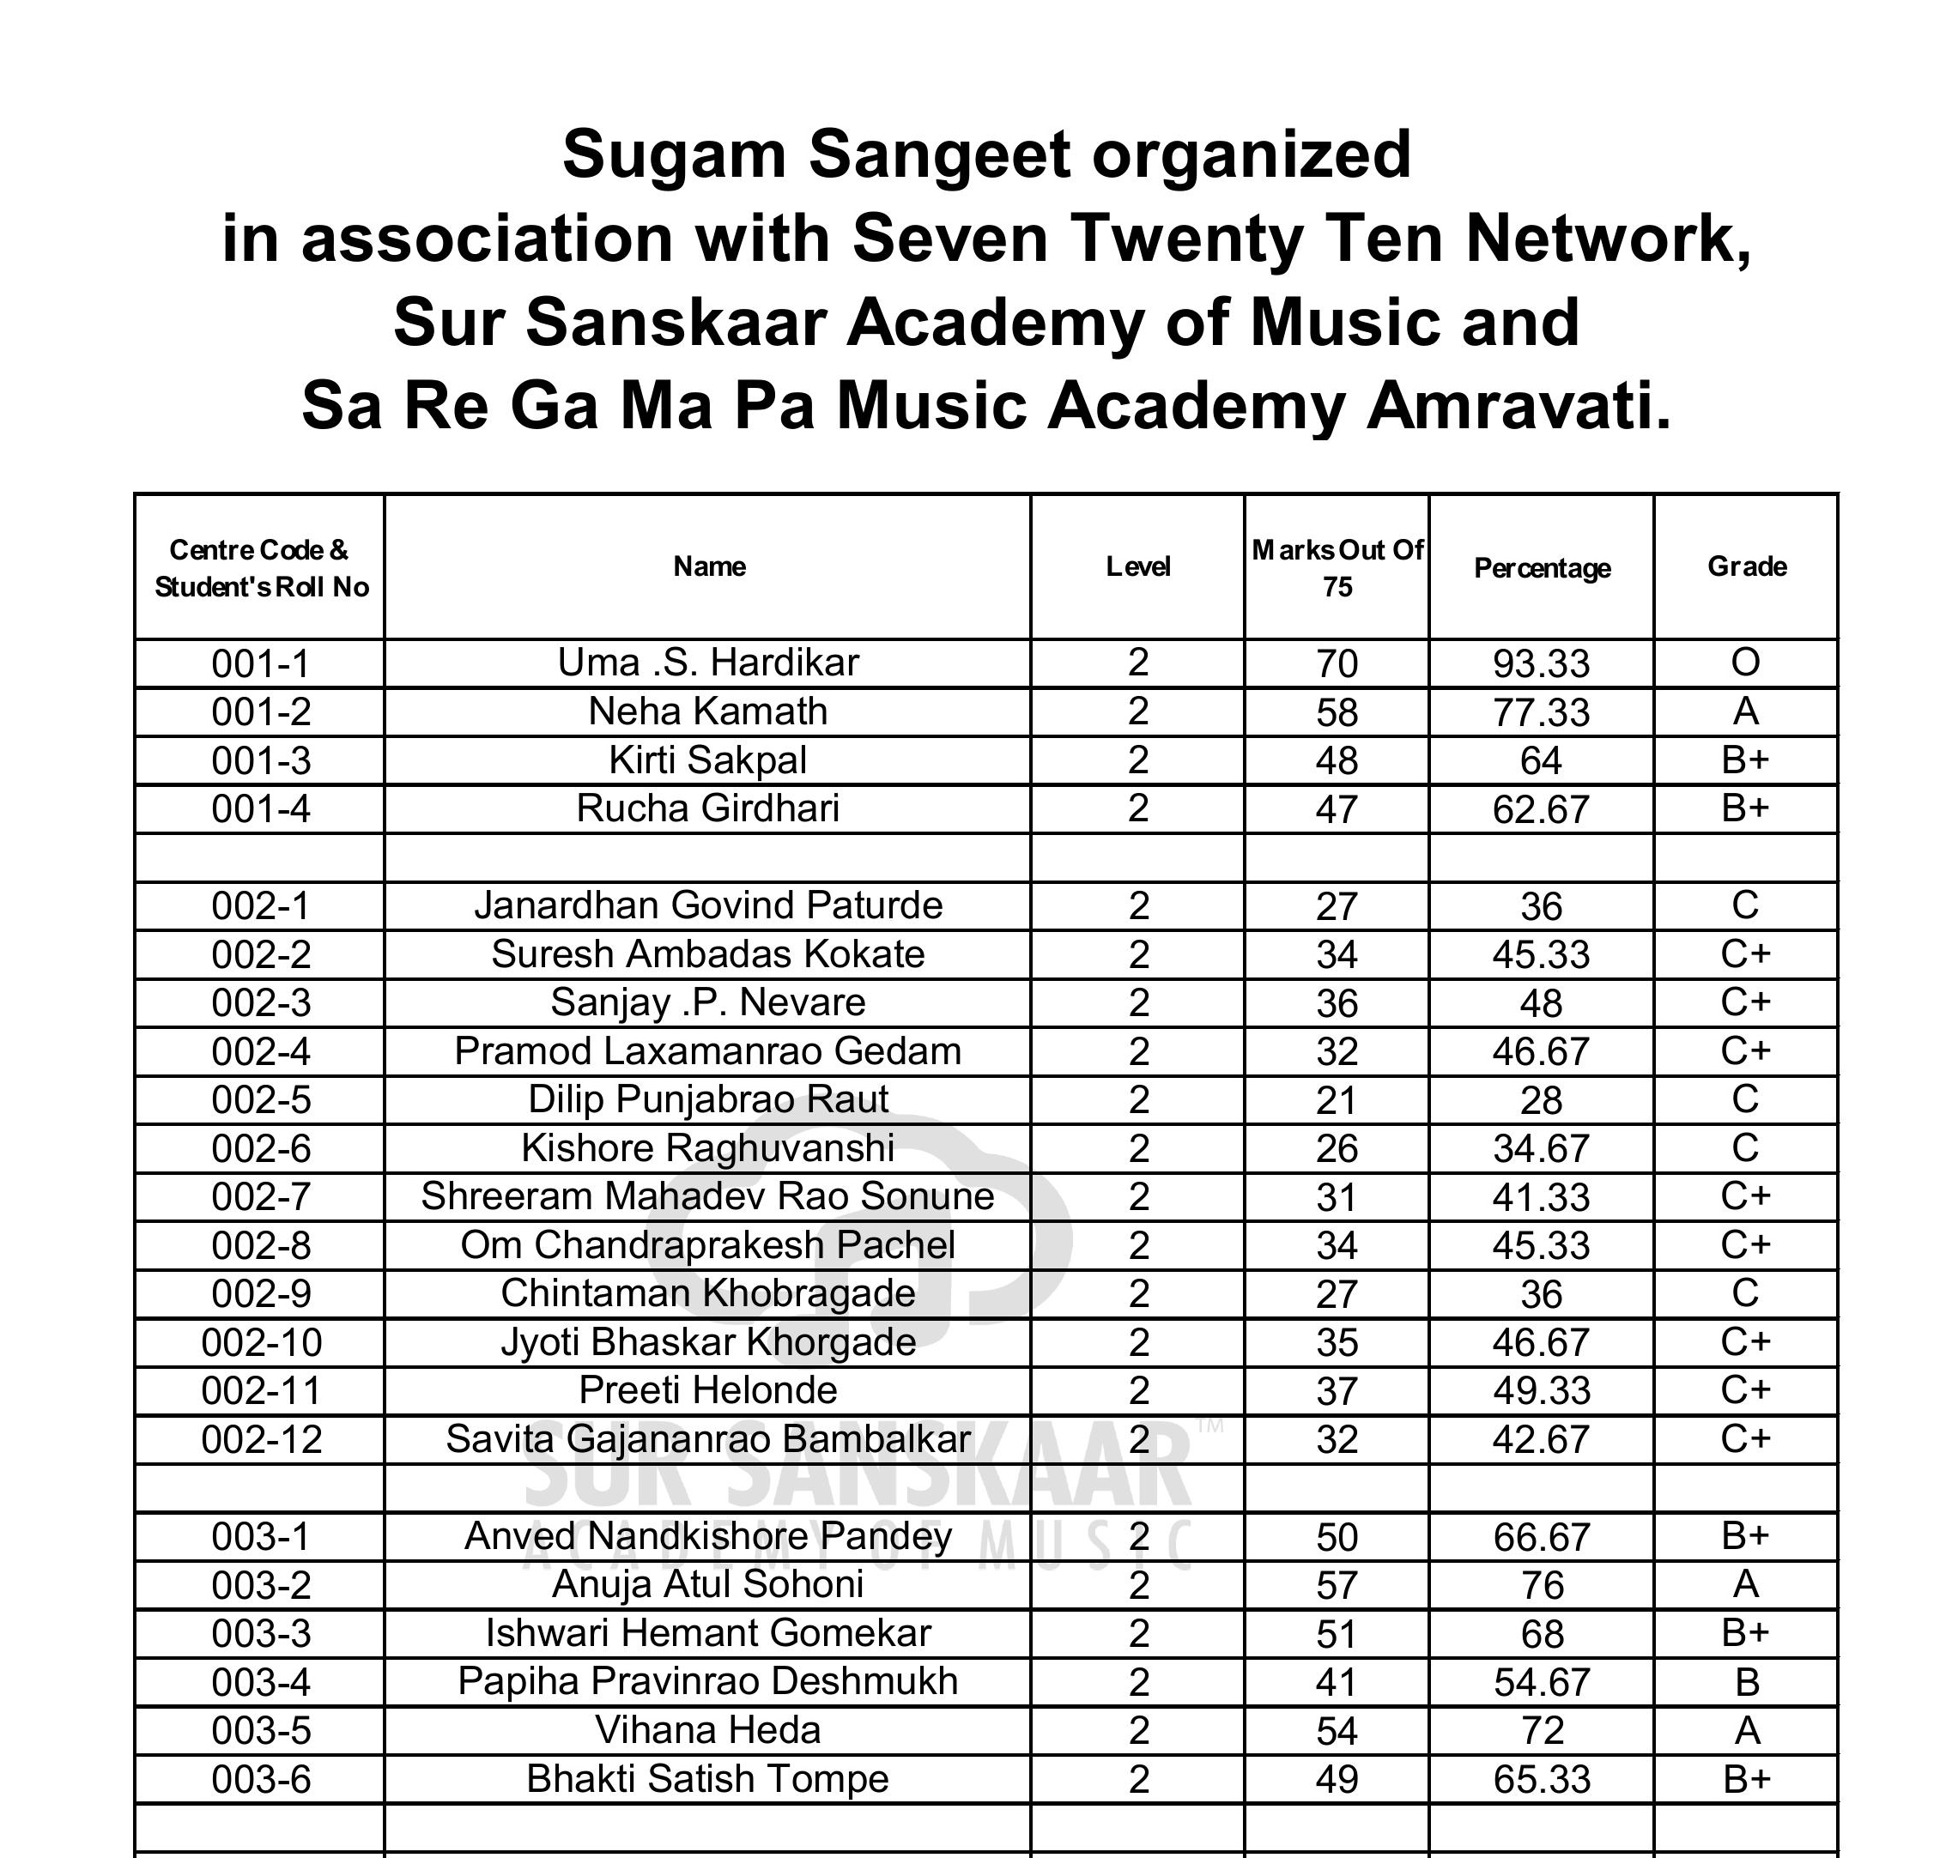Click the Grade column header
pos(1746,566)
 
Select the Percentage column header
pos(1541,568)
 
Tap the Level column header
pos(1138,566)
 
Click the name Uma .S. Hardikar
pos(707,663)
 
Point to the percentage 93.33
pos(1541,663)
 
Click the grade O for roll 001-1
pos(1745,663)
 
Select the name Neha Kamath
pos(707,711)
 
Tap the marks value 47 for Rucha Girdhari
pos(1336,809)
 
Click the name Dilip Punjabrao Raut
pos(707,1099)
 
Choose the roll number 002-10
pos(262,1343)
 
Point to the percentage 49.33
pos(1541,1391)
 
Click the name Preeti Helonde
pos(707,1390)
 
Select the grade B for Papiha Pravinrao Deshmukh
pos(1746,1682)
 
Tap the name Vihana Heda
pos(707,1730)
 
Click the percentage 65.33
pos(1541,1780)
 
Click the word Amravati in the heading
pos(1518,407)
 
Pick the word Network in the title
pos(1609,239)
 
